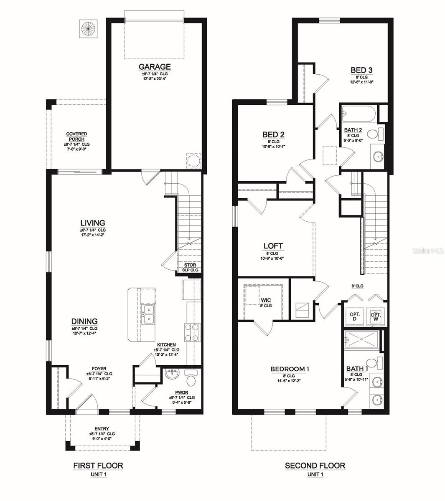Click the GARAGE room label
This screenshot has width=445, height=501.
tap(154, 67)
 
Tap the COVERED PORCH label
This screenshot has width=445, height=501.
tap(76, 137)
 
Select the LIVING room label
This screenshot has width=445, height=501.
tap(93, 223)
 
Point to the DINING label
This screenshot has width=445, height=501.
tap(84, 321)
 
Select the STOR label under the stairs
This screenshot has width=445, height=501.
tap(190, 266)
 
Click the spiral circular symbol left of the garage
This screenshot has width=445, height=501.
tap(88, 28)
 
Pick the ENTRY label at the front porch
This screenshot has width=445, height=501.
tap(102, 429)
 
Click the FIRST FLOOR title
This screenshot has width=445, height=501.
tap(98, 466)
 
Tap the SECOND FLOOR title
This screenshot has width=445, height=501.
tap(315, 466)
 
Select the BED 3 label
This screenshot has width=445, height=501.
tap(361, 70)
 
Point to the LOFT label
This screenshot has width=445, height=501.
tap(273, 246)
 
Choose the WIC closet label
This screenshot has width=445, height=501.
tap(266, 300)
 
